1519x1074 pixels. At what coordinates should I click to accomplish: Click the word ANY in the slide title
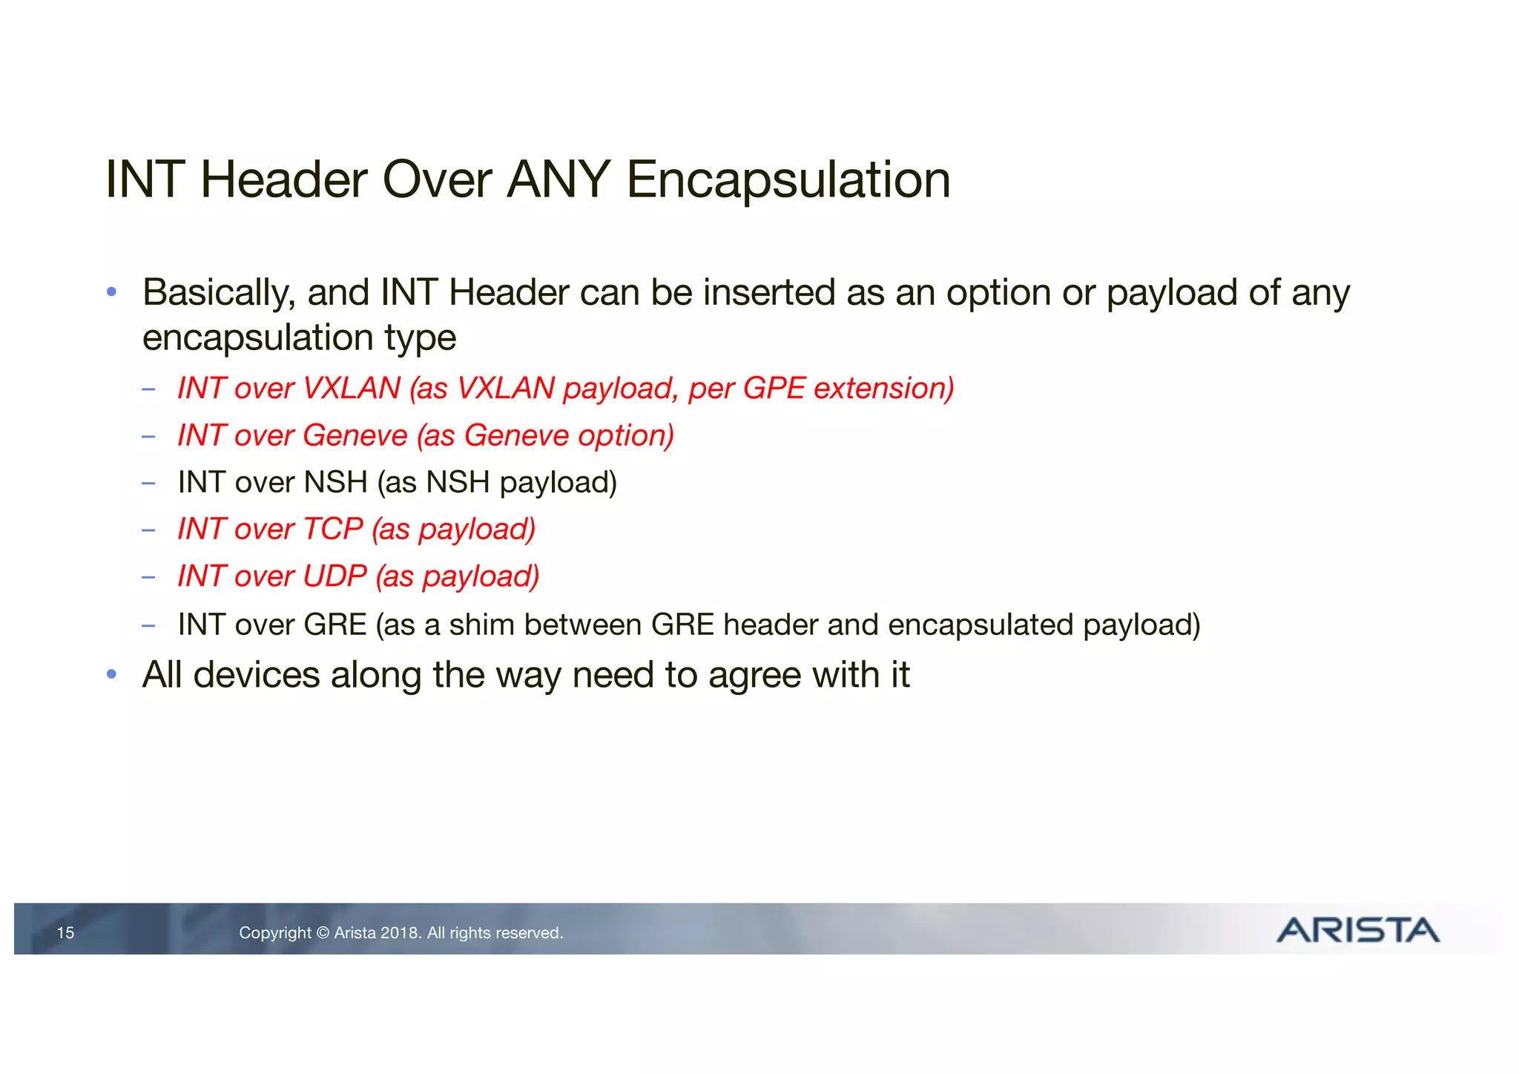pyautogui.click(x=558, y=180)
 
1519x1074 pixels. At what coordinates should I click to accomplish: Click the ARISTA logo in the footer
pyautogui.click(x=1357, y=930)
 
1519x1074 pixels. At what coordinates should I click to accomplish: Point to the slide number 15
pyautogui.click(x=65, y=933)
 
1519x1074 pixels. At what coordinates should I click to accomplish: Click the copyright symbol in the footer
pyautogui.click(x=323, y=933)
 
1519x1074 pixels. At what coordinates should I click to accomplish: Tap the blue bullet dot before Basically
pyautogui.click(x=111, y=292)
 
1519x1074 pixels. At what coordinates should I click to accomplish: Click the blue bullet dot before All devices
pyautogui.click(x=111, y=674)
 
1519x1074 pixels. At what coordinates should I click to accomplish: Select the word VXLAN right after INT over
pyautogui.click(x=352, y=389)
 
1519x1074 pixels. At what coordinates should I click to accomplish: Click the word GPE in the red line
pyautogui.click(x=774, y=389)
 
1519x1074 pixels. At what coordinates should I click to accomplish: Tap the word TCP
pyautogui.click(x=333, y=530)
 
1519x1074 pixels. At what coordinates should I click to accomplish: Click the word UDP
pyautogui.click(x=335, y=576)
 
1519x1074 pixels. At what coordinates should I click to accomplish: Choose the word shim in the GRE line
pyautogui.click(x=481, y=625)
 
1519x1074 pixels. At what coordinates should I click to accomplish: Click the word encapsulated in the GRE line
pyautogui.click(x=981, y=625)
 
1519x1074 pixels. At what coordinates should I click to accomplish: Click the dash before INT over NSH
pyautogui.click(x=148, y=484)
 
